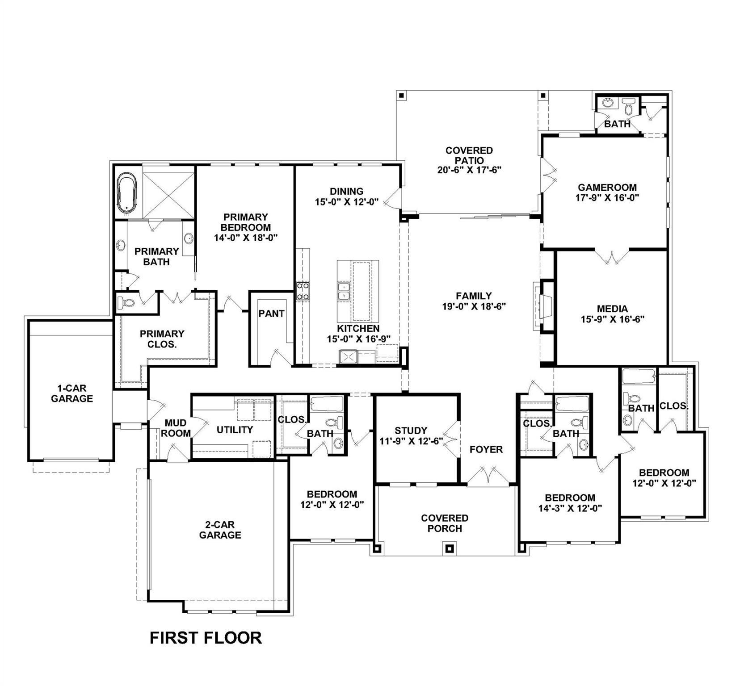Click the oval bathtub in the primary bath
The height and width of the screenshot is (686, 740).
coord(127,192)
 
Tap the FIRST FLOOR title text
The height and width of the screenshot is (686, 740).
coord(206,638)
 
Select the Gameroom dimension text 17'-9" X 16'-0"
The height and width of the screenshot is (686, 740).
coord(607,198)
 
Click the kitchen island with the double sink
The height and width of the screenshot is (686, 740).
coord(358,291)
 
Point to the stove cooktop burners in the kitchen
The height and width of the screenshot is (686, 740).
coord(303,291)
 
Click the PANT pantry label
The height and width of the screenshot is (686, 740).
coord(271,314)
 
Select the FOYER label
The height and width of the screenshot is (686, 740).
coord(486,449)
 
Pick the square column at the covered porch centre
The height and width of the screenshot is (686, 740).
coord(450,548)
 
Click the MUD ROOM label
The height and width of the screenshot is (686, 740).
coord(176,428)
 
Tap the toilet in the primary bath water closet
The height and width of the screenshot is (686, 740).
coord(127,303)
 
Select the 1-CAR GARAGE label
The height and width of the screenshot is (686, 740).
coord(71,393)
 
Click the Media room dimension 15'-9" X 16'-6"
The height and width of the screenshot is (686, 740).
coord(612,319)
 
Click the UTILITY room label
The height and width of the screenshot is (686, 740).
coord(235,430)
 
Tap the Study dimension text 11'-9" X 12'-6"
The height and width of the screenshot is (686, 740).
coord(412,441)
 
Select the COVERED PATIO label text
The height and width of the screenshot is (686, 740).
coord(469,155)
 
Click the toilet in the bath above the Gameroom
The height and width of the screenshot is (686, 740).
coord(628,106)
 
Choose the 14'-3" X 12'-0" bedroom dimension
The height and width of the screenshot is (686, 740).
coord(570,508)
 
